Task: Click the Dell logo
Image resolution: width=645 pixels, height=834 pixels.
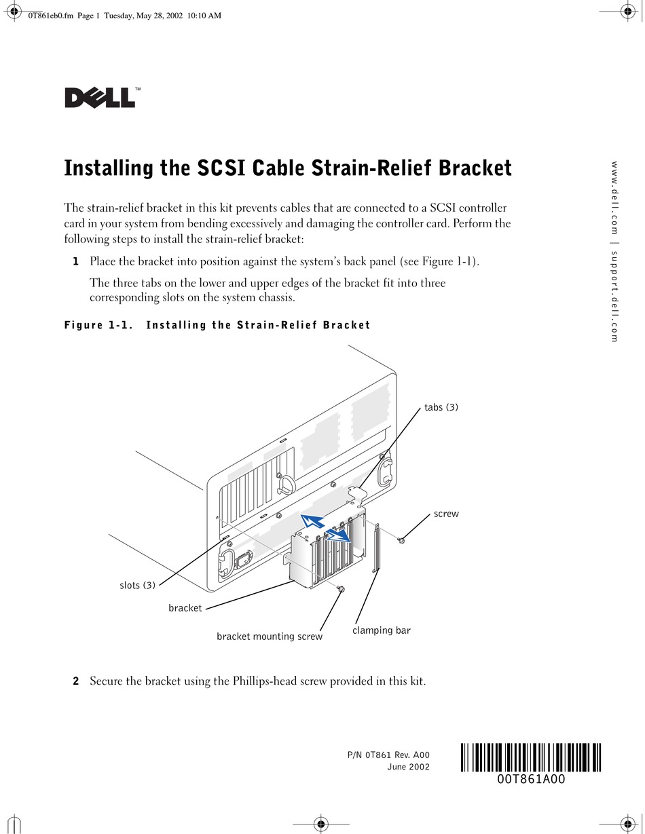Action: (100, 98)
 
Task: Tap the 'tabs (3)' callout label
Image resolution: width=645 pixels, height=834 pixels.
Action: (441, 407)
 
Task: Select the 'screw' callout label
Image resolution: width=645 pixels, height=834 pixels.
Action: (446, 514)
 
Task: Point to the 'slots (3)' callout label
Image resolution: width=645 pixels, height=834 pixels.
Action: (138, 585)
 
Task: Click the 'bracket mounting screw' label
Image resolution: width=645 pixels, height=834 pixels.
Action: (270, 637)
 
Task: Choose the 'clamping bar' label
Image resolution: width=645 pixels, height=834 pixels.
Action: (382, 630)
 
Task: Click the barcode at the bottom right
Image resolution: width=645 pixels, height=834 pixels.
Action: (531, 757)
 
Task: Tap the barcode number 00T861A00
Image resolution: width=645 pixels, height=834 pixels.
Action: (531, 779)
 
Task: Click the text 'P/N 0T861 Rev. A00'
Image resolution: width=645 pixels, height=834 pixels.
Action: (388, 755)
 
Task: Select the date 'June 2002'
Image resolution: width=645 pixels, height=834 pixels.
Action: (408, 767)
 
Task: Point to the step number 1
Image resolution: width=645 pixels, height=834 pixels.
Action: (76, 261)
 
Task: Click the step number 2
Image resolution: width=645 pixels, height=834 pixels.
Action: (76, 681)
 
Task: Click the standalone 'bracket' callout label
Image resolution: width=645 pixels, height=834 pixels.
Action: (185, 608)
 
